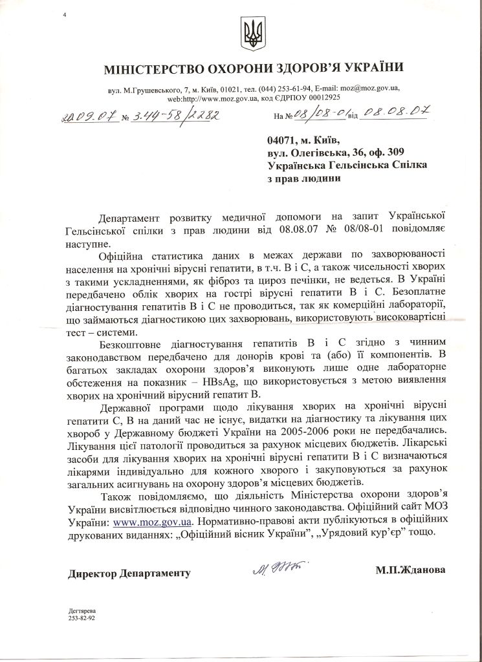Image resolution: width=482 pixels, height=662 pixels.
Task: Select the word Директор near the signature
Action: pyautogui.click(x=94, y=573)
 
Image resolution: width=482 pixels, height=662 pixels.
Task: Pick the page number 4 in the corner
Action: pyautogui.click(x=64, y=14)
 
